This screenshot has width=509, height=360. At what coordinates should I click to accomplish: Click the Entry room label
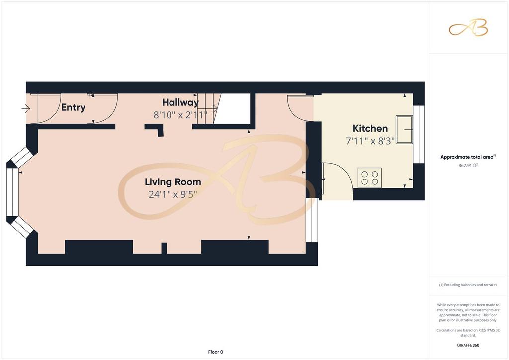pos(73,107)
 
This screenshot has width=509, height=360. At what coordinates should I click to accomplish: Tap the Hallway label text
pos(180,102)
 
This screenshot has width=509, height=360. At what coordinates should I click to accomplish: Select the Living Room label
pos(172,182)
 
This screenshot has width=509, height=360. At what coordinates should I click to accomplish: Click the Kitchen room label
pos(370,128)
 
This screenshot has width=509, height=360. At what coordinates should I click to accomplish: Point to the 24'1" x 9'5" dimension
pos(172,194)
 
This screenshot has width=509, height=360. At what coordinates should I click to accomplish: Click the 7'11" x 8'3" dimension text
pos(370,141)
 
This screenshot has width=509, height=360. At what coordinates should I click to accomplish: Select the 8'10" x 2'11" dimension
pos(180,115)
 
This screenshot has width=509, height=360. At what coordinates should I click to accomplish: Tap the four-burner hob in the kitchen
pos(370,178)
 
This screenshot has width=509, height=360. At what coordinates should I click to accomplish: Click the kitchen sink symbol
pos(404,129)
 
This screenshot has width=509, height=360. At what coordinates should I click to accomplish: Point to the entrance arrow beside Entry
pos(26,108)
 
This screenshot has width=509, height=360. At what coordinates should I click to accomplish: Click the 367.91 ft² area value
pos(468,165)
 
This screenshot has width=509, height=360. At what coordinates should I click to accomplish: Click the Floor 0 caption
pos(216,352)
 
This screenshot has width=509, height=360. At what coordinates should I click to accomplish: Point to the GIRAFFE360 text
pos(468,345)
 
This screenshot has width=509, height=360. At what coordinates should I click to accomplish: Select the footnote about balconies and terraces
pos(468,285)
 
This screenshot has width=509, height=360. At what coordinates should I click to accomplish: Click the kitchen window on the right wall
pos(419,134)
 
